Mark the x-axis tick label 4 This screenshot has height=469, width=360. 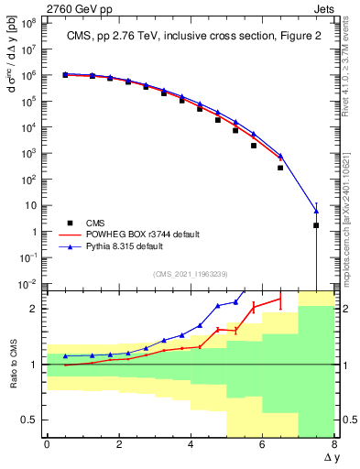coord(191,444)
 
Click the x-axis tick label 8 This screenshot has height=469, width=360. coord(334,444)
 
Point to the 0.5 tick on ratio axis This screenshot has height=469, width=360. coord(31,420)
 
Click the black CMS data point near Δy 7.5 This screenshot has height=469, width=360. coord(316,225)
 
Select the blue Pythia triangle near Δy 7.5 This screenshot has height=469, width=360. coord(316,211)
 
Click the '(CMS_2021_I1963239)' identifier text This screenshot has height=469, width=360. coord(191,272)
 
